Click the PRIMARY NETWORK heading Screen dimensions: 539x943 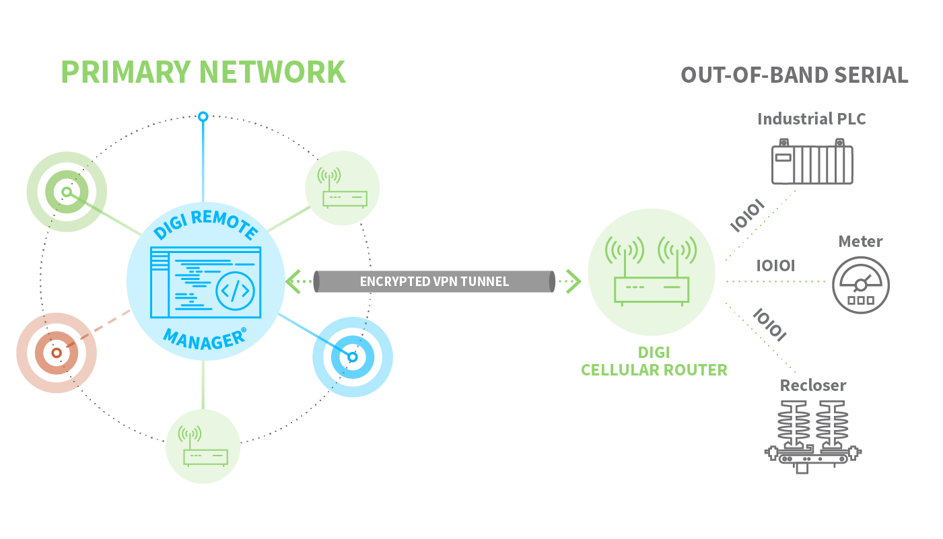click(203, 72)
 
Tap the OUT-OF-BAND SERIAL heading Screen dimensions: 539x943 click(794, 75)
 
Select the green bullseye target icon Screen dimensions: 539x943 click(66, 192)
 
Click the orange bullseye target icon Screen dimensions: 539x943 click(57, 353)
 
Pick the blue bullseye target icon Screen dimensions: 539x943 click(352, 357)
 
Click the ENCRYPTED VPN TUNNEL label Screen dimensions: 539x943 click(434, 281)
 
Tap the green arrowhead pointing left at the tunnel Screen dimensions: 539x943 click(293, 281)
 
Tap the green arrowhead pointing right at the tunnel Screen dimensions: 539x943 click(572, 281)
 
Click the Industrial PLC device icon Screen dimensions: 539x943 click(812, 162)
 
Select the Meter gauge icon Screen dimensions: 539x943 click(860, 285)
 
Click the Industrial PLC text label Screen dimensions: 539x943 click(812, 119)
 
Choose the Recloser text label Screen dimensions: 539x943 click(813, 386)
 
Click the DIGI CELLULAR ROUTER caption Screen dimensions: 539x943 click(654, 361)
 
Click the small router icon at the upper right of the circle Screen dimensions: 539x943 click(343, 188)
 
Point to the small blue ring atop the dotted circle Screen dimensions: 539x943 click(203, 116)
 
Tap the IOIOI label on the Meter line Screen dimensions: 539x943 click(775, 266)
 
